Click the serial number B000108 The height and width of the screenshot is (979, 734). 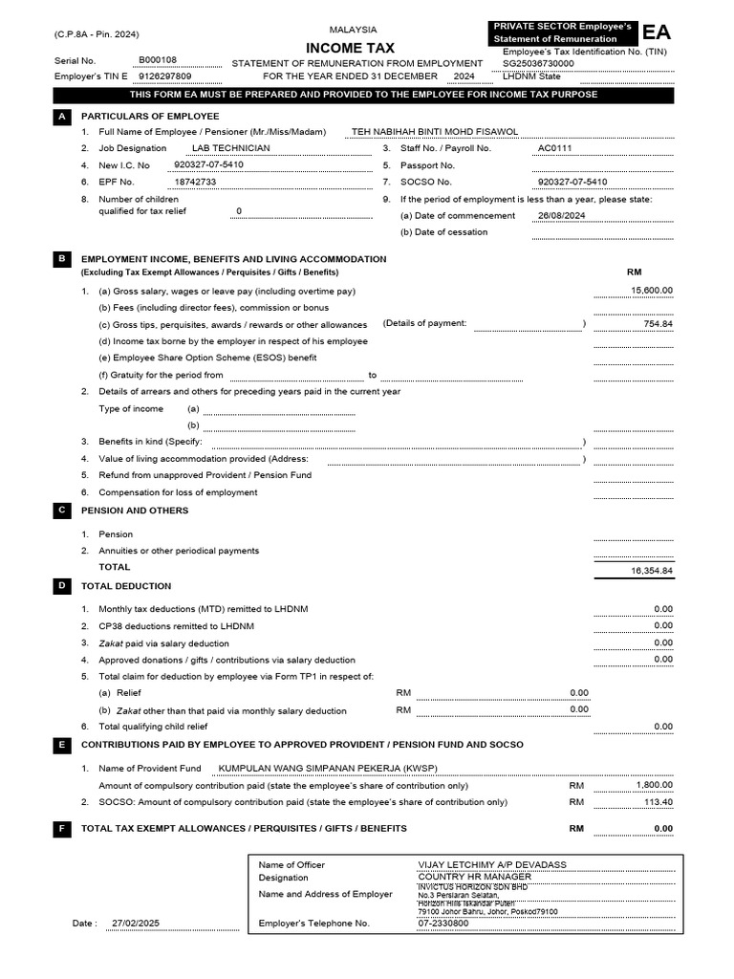[158, 59]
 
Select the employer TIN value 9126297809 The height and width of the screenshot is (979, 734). [164, 76]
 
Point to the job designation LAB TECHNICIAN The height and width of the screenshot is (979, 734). [230, 148]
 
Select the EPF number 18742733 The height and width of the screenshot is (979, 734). [195, 182]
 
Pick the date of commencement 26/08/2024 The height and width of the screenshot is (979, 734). [561, 216]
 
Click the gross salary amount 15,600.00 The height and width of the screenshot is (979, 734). [652, 291]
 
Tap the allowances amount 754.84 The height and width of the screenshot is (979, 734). [658, 324]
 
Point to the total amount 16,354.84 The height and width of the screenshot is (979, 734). [652, 571]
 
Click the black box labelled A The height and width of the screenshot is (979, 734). [61, 116]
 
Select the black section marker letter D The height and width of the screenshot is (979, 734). [61, 586]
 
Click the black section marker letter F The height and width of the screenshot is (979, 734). [61, 828]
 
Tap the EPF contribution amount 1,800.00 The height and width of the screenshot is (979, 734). [654, 785]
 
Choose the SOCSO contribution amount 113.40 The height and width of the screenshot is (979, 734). [658, 802]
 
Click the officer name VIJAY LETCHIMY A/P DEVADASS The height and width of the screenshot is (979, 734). [492, 864]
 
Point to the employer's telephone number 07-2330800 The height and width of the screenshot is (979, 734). [443, 924]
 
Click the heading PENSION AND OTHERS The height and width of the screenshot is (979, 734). [135, 511]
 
